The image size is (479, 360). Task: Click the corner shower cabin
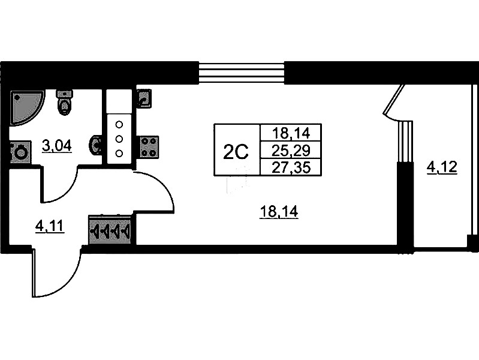25,106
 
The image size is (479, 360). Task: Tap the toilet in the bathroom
64,103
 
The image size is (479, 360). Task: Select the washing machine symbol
20,152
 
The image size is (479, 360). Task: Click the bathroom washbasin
95,145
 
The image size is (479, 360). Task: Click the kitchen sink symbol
144,98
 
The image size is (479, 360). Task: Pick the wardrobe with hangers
112,230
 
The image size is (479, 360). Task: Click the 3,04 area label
56,145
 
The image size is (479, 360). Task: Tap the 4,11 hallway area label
50,226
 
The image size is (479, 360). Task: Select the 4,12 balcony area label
441,167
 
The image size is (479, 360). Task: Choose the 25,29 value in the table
290,149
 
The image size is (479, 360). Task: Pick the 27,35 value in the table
290,167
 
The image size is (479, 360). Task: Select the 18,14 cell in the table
290,133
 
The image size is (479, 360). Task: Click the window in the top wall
241,73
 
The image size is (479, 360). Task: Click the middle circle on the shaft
119,139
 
